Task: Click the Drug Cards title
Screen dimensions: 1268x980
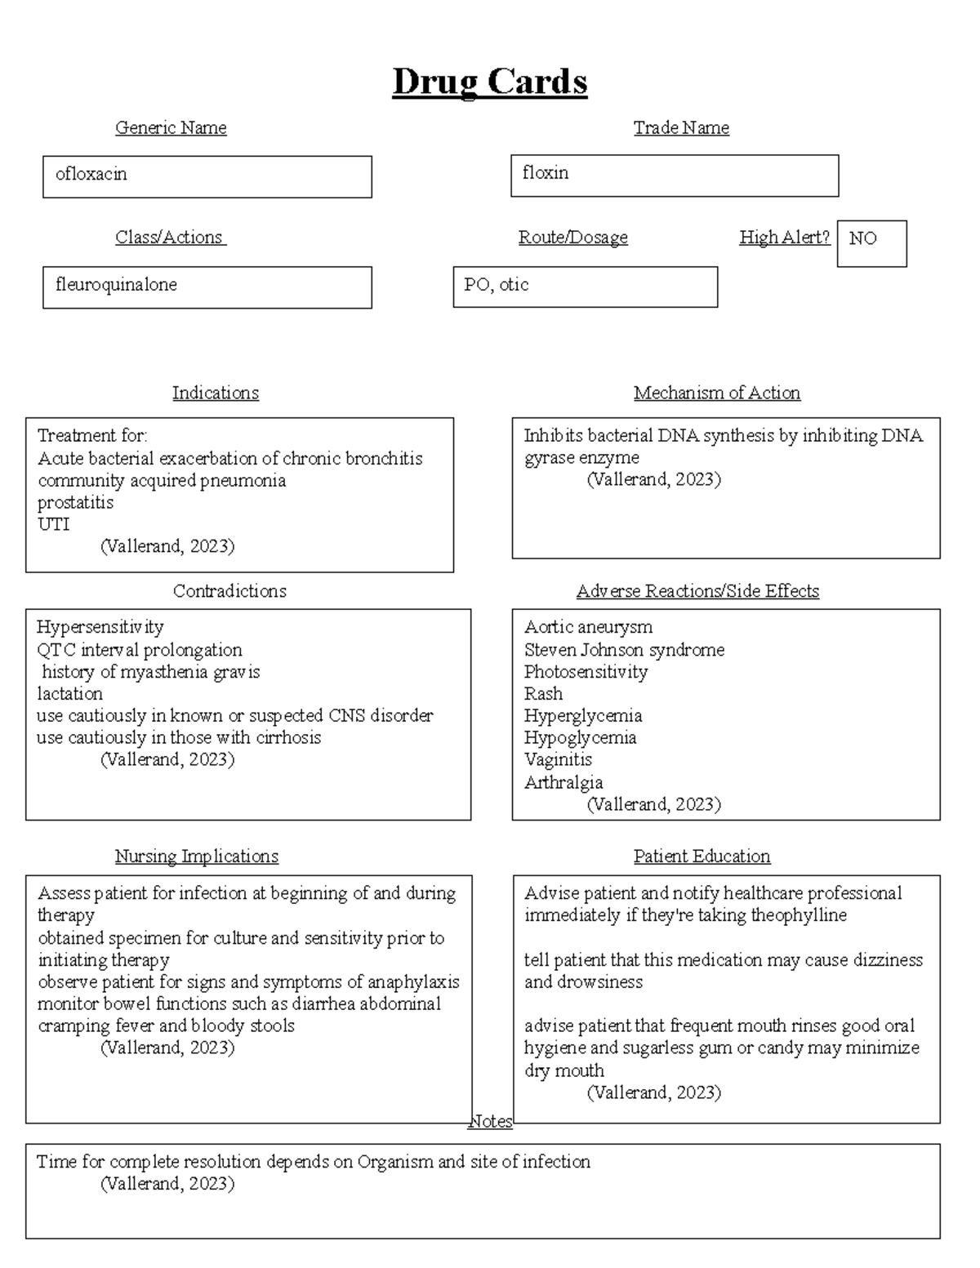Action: pyautogui.click(x=489, y=82)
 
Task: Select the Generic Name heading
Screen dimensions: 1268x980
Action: pyautogui.click(x=171, y=127)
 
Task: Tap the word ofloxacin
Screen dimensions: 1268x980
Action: pyautogui.click(x=91, y=174)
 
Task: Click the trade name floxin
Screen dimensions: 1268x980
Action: pyautogui.click(x=546, y=173)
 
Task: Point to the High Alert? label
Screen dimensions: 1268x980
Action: pyautogui.click(x=784, y=238)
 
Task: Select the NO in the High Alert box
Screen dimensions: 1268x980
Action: pyautogui.click(x=862, y=238)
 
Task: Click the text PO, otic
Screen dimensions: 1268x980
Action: pyautogui.click(x=497, y=285)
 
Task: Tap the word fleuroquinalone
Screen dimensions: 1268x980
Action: pyautogui.click(x=116, y=285)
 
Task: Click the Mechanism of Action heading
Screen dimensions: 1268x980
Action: pyautogui.click(x=716, y=393)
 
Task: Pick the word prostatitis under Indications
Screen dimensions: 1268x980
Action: pyautogui.click(x=75, y=502)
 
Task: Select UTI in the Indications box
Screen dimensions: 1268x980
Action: pyautogui.click(x=54, y=524)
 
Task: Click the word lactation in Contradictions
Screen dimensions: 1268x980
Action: pyautogui.click(x=69, y=694)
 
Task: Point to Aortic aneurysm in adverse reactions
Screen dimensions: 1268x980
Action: pyautogui.click(x=588, y=627)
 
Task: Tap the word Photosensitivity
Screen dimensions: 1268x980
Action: pyautogui.click(x=586, y=672)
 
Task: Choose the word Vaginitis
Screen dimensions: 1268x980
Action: pyautogui.click(x=558, y=759)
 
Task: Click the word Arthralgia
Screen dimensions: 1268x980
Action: pyautogui.click(x=563, y=782)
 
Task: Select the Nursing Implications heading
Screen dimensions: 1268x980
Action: pyautogui.click(x=196, y=856)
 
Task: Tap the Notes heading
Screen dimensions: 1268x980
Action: pyautogui.click(x=490, y=1122)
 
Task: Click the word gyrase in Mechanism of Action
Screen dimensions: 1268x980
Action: pyautogui.click(x=550, y=458)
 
